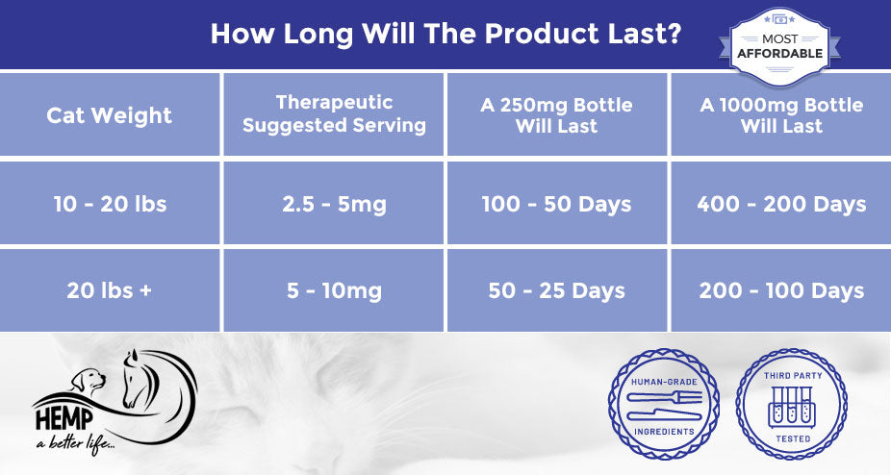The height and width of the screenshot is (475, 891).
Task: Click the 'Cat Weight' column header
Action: click(x=109, y=115)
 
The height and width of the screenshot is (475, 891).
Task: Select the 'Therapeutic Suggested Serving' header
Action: click(x=334, y=113)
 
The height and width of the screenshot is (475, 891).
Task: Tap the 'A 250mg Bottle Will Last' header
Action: click(x=556, y=114)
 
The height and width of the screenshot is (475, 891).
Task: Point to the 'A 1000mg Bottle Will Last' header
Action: click(x=781, y=114)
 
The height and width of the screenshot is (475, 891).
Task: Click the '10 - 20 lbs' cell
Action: click(x=110, y=204)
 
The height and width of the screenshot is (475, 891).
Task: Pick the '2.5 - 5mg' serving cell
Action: click(x=334, y=205)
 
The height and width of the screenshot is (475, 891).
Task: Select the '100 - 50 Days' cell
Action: click(x=556, y=205)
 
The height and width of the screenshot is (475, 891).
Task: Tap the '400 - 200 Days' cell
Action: click(x=781, y=205)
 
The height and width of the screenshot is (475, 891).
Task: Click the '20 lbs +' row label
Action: click(x=109, y=290)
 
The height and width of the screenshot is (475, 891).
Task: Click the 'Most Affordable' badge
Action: click(x=779, y=46)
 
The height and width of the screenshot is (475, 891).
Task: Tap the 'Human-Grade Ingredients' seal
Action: click(x=664, y=404)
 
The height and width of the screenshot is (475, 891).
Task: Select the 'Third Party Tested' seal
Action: click(x=792, y=404)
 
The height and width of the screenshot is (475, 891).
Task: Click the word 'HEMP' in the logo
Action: click(x=64, y=419)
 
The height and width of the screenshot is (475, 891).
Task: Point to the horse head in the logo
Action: click(x=139, y=378)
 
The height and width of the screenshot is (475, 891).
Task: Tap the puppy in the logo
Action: click(x=89, y=381)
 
